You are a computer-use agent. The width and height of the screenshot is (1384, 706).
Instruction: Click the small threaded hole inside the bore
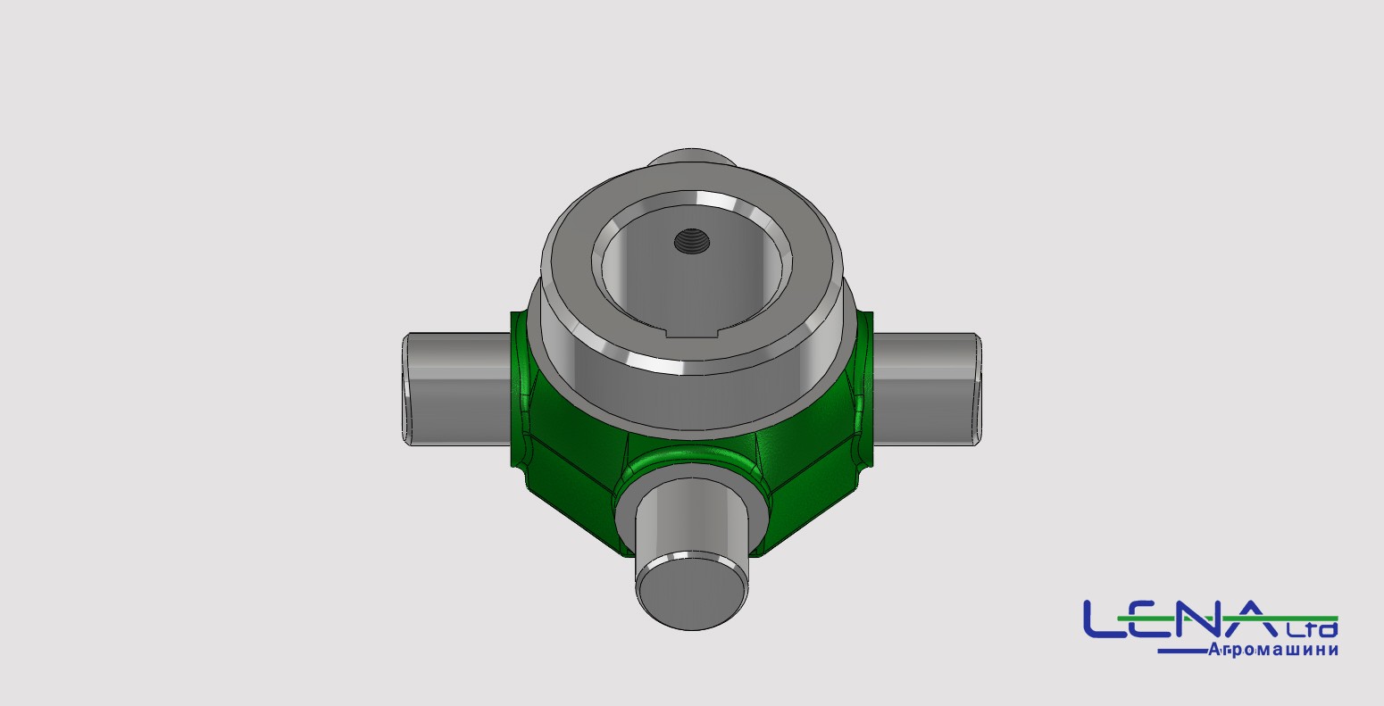[691, 240]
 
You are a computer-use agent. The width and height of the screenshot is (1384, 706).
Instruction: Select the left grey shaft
[456, 389]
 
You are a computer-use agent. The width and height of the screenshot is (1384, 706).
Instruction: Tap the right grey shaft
[926, 389]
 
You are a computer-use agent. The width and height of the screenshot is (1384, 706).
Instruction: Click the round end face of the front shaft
[691, 592]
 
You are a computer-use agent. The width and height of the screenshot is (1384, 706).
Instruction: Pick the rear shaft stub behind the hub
[692, 157]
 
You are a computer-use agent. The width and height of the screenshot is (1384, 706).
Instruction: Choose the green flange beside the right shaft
[863, 389]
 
